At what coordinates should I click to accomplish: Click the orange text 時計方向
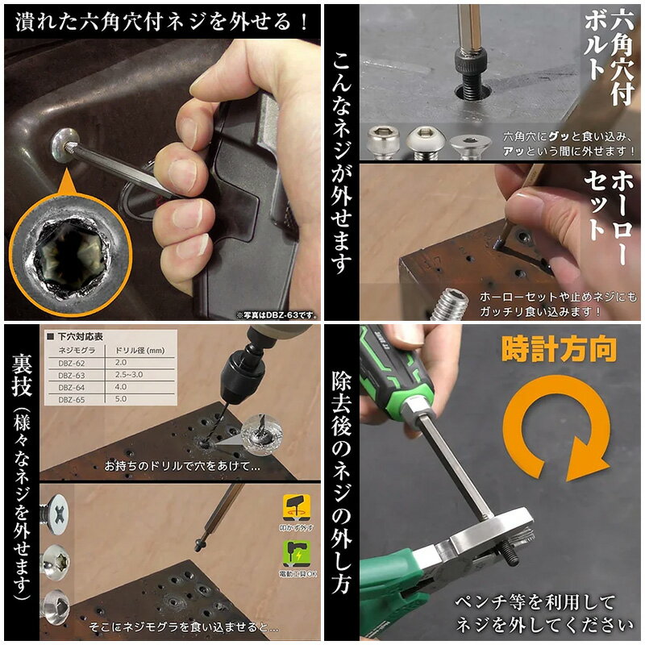coord(560,350)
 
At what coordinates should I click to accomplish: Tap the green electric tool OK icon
coord(293,552)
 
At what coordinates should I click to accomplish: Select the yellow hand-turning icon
coord(293,509)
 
